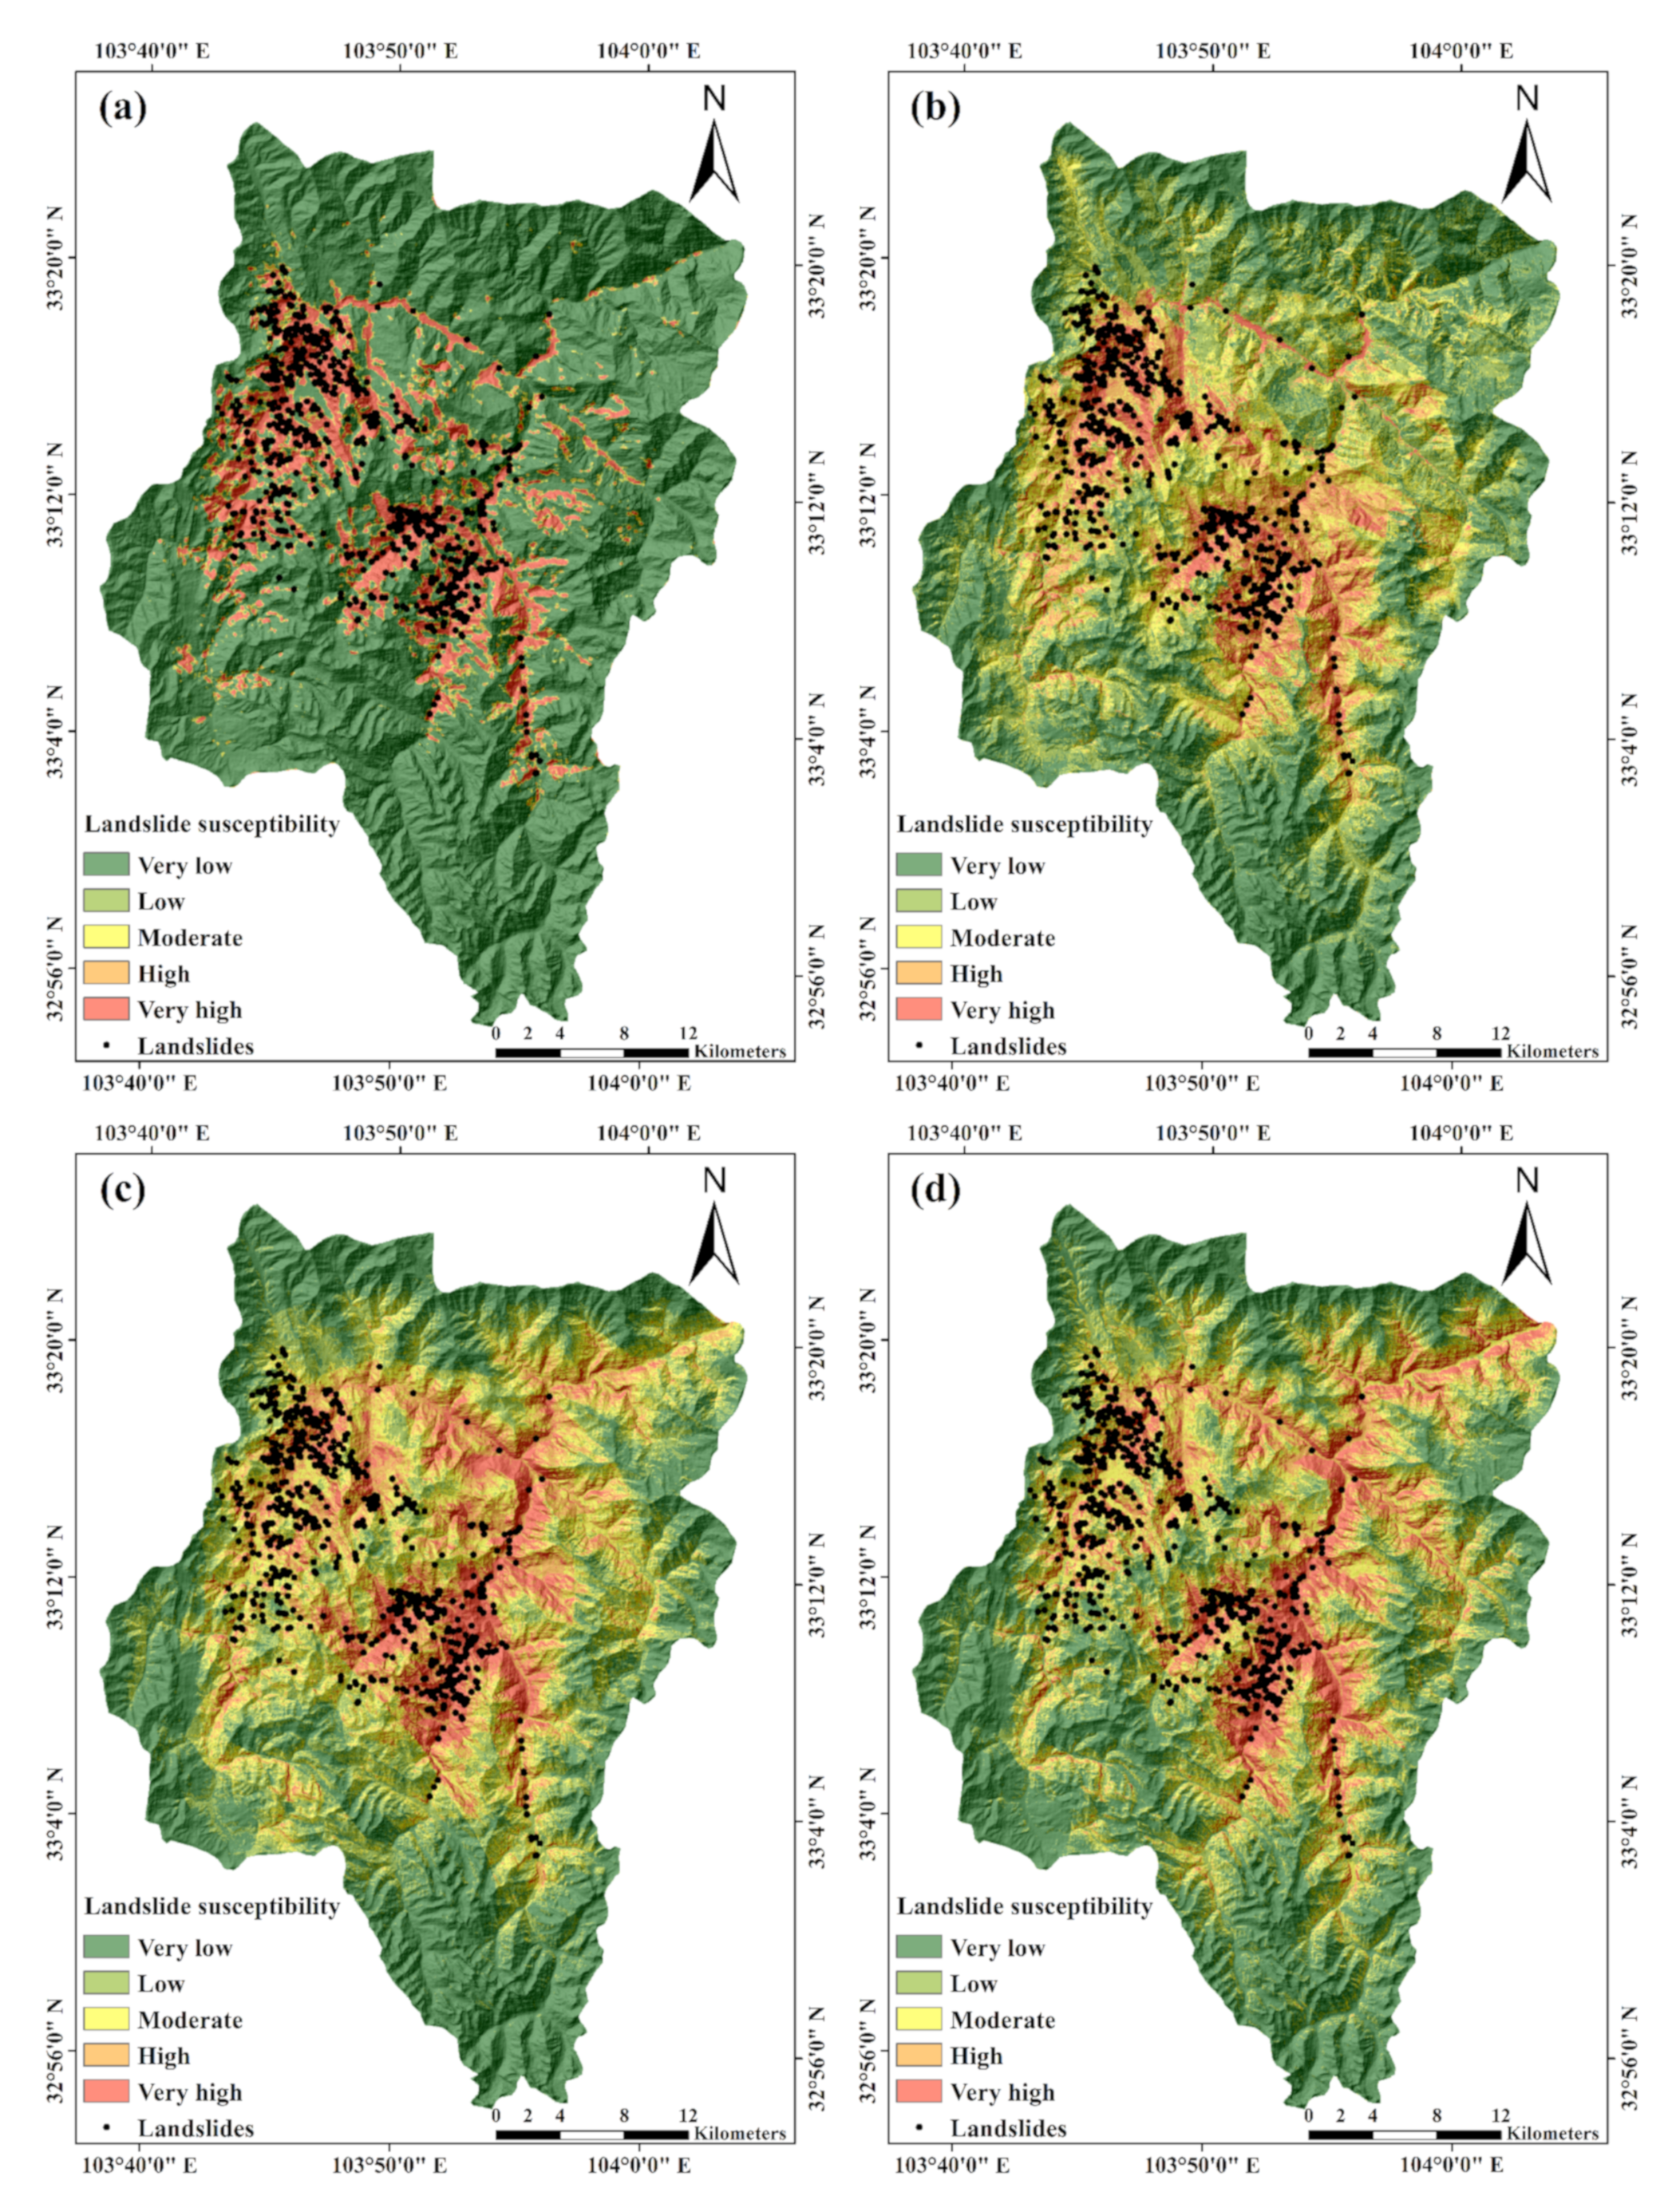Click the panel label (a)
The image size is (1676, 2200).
click(124, 108)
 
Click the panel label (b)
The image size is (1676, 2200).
click(935, 108)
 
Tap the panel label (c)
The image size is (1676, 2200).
click(124, 1190)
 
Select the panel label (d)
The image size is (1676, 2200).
click(935, 1190)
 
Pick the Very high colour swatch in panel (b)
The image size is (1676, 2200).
click(919, 1009)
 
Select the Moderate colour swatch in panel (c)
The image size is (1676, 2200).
click(105, 2020)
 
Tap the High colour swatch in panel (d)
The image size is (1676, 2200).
click(919, 2056)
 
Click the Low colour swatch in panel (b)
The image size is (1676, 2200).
click(919, 901)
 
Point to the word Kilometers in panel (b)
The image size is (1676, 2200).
click(1551, 1051)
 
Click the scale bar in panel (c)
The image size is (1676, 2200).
click(591, 2135)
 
